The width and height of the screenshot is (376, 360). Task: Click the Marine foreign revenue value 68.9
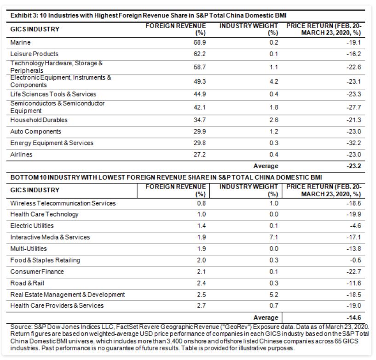point(200,42)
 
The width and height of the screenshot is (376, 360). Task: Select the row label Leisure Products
point(35,54)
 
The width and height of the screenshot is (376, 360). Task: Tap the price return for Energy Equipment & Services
point(354,143)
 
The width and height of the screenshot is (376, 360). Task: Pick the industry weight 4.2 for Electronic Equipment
point(274,81)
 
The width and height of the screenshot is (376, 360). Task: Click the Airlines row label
point(21,154)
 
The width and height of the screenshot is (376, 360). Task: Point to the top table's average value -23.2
point(354,166)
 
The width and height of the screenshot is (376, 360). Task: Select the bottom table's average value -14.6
point(354,318)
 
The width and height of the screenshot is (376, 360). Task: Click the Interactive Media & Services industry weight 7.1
point(274,237)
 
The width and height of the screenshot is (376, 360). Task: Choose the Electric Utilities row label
point(32,226)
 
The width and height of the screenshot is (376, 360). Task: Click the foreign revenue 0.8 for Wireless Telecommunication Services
point(202,203)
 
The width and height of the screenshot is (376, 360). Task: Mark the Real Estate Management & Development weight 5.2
point(274,295)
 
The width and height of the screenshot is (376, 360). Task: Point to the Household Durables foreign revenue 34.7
point(200,120)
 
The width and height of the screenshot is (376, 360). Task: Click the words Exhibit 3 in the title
point(24,16)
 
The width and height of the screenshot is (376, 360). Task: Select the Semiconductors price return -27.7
point(354,107)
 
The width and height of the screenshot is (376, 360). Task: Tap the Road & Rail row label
point(27,283)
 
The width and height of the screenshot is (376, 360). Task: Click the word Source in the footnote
point(21,327)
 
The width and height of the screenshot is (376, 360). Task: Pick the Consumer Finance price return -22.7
point(354,272)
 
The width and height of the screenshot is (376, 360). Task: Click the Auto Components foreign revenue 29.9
point(200,131)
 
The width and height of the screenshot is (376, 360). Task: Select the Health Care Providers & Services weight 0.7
point(274,306)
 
